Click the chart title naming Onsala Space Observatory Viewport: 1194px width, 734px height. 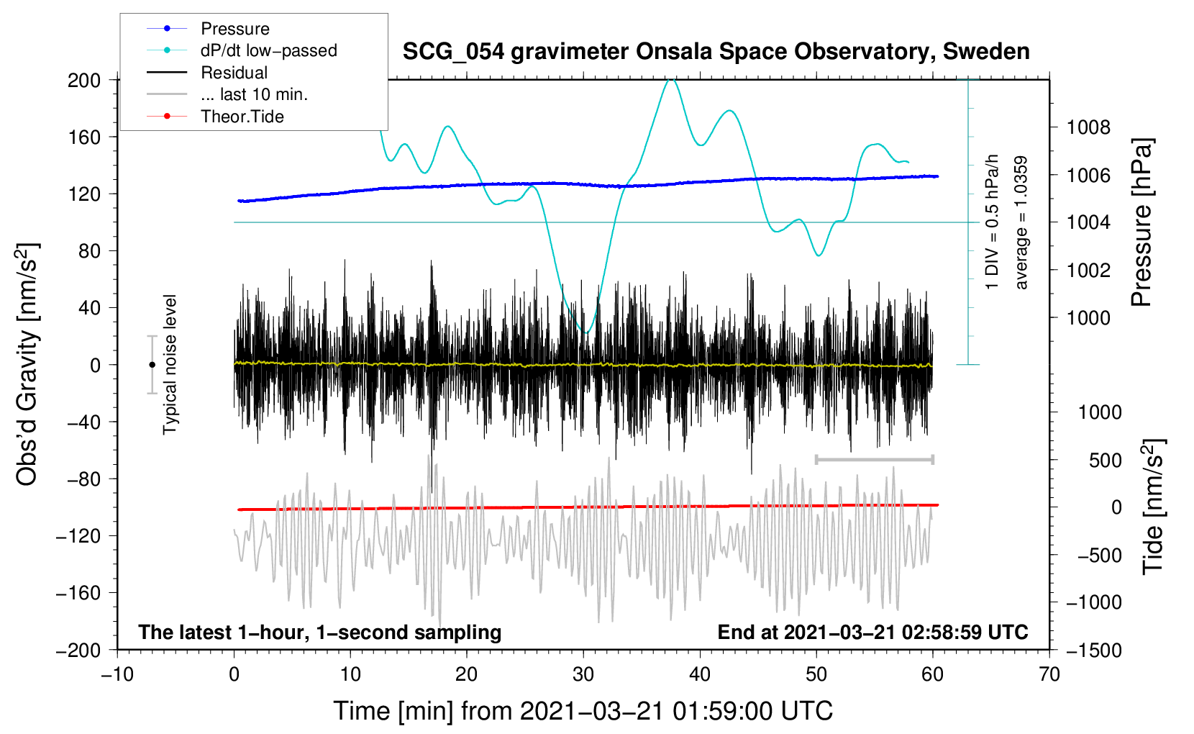716,52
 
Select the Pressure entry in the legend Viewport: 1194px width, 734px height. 234,29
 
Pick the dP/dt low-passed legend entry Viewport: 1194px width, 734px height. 268,50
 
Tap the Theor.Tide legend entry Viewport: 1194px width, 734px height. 242,117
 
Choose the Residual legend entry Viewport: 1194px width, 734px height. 234,73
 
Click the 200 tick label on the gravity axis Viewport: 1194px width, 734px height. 83,80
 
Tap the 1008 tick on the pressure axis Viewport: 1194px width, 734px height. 1088,127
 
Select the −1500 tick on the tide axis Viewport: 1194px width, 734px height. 1093,650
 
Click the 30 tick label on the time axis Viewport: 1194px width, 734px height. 583,674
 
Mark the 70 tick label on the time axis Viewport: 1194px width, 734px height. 1049,674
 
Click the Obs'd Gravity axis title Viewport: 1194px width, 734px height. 27,364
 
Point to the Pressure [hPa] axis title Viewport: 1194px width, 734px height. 1141,223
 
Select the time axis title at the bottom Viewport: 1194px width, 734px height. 583,711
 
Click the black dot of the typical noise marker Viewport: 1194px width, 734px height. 152,365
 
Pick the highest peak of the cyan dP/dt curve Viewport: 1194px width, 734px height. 671,80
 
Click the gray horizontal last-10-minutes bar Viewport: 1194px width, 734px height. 874,459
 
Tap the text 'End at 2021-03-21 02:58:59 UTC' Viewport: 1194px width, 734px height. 872,632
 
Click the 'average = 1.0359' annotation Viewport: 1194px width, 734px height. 1021,223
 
